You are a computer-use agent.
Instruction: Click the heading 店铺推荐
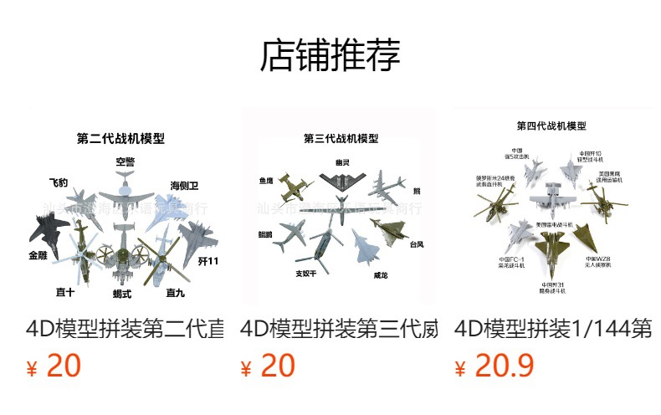click(330, 55)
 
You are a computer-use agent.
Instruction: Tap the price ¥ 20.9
click(494, 366)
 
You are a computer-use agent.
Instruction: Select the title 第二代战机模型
click(120, 139)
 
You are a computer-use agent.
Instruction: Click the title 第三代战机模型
click(341, 138)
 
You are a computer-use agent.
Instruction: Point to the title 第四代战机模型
click(551, 126)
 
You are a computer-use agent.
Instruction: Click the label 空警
click(126, 161)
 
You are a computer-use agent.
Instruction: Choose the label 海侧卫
click(184, 185)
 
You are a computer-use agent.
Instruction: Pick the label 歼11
click(208, 262)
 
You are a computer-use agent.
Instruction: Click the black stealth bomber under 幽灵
click(341, 178)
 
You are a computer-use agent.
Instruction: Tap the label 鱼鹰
click(267, 180)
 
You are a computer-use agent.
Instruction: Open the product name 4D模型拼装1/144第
click(553, 328)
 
